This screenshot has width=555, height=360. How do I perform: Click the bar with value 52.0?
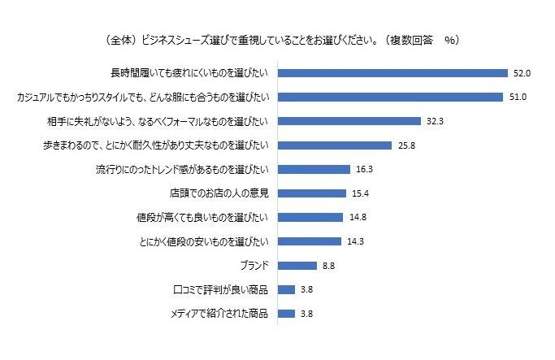click(392, 73)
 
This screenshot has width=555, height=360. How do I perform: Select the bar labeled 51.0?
click(390, 98)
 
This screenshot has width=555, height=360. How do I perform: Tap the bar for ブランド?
click(297, 265)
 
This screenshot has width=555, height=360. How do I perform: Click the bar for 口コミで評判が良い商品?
click(286, 289)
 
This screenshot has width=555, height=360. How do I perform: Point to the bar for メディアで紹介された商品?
click(286, 313)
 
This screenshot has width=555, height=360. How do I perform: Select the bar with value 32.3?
click(349, 121)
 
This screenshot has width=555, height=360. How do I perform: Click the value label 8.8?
click(328, 265)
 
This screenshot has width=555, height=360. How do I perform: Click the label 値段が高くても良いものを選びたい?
click(201, 217)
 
